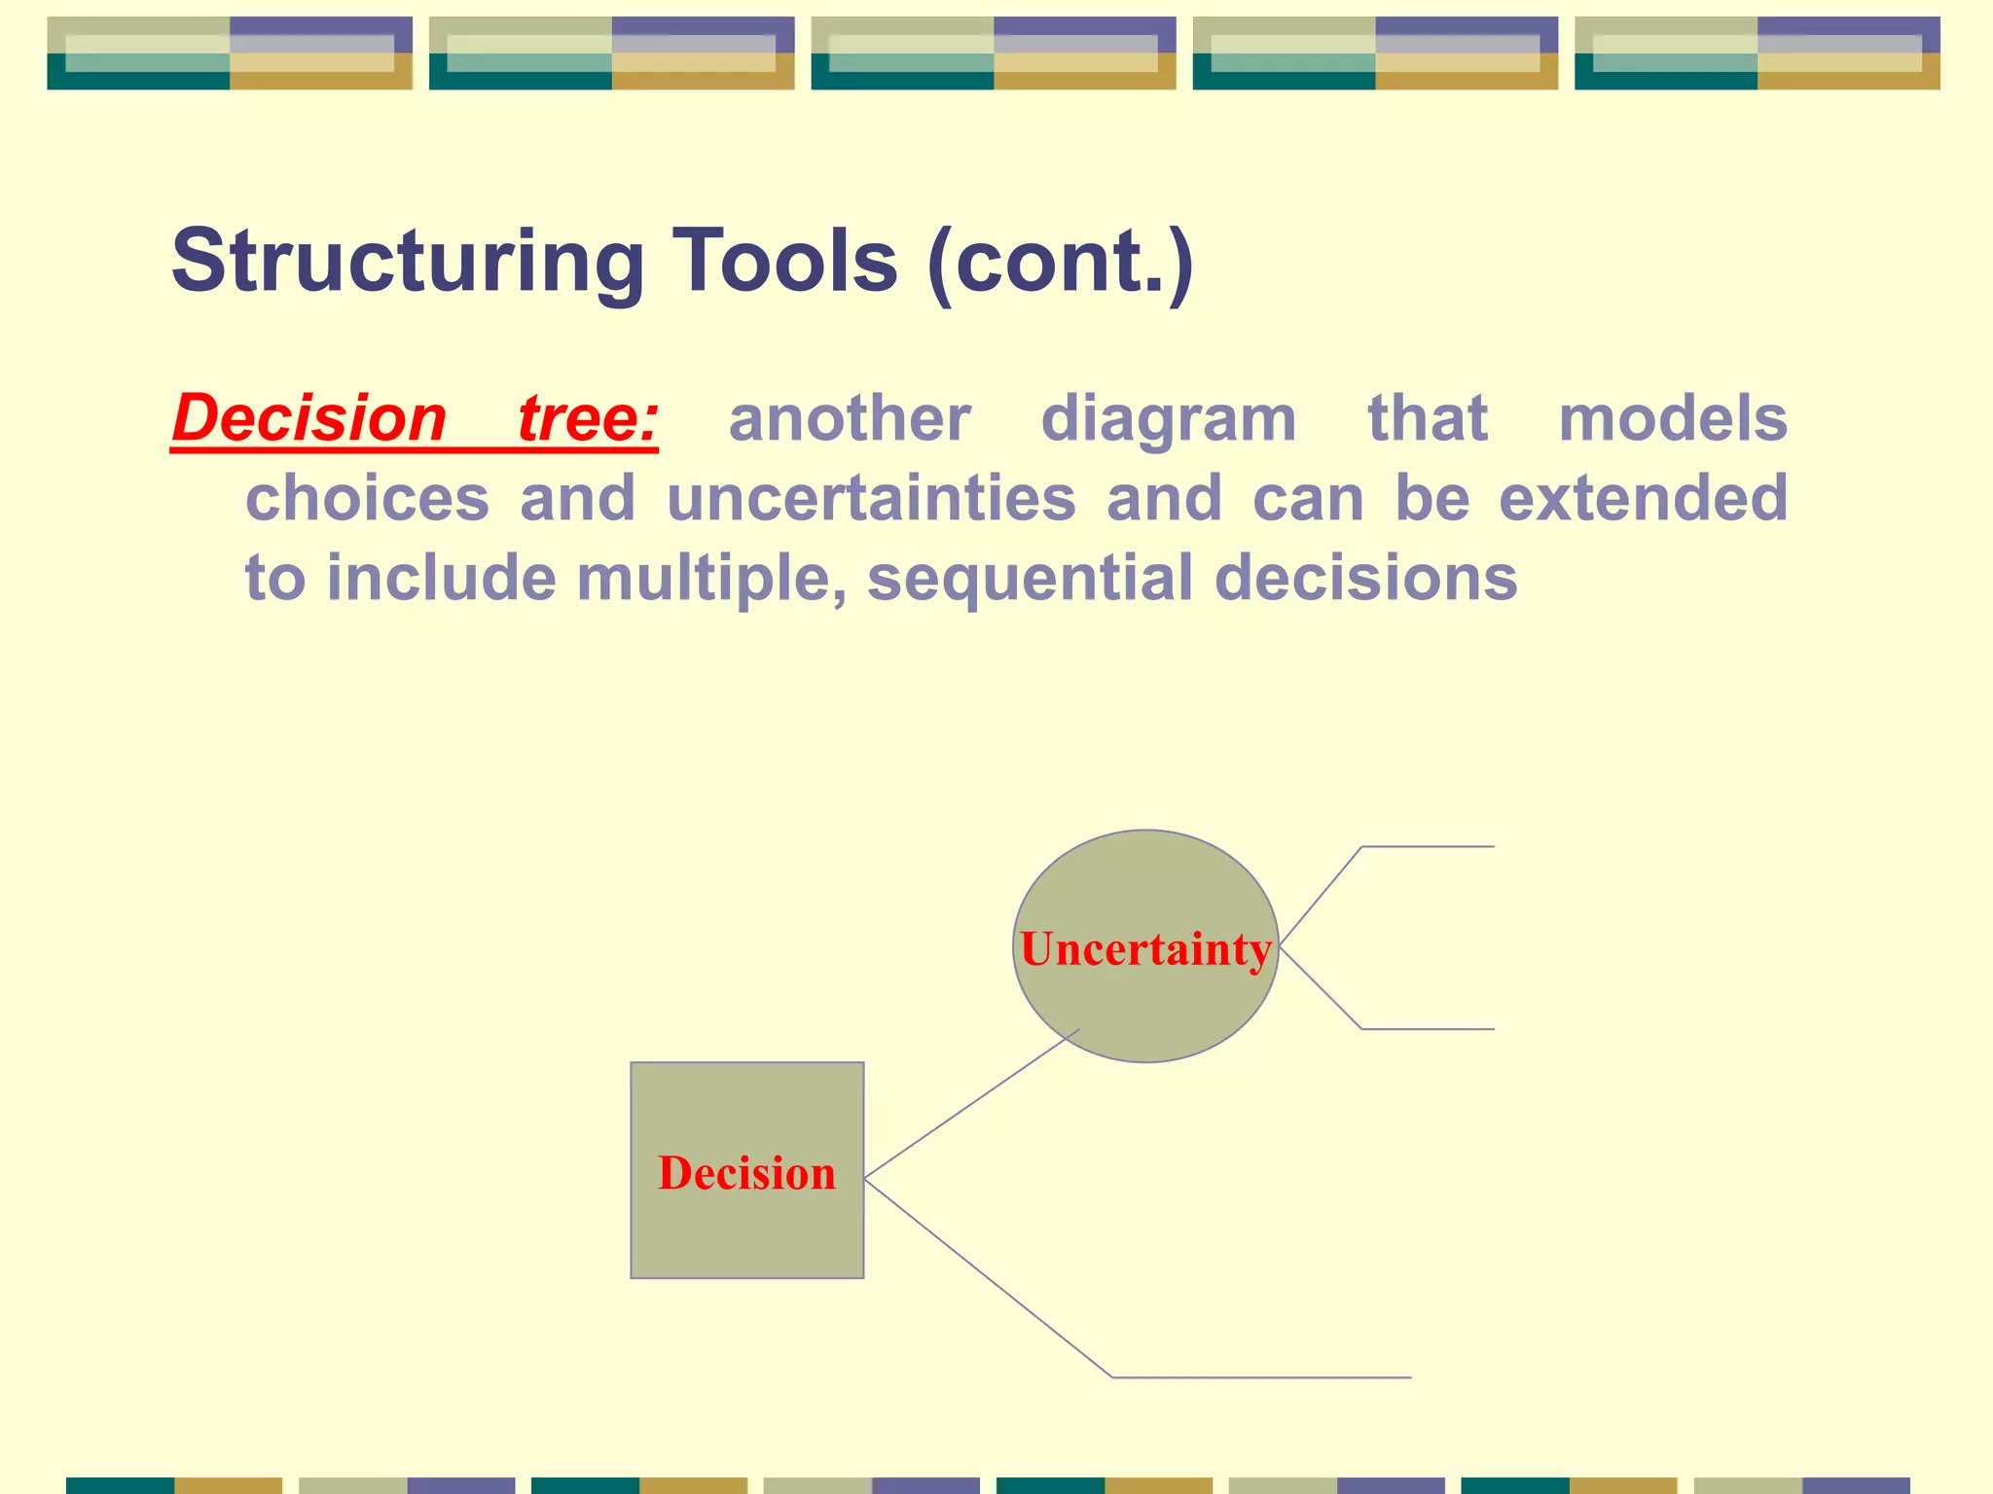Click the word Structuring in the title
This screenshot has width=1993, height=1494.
(x=407, y=261)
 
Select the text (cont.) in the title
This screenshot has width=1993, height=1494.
(x=1060, y=261)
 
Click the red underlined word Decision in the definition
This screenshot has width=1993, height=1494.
(x=309, y=418)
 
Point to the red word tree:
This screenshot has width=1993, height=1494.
(x=588, y=418)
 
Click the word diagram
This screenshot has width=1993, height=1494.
(x=1168, y=418)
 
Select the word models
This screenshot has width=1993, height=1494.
(x=1672, y=418)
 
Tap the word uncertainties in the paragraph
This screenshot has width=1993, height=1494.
(x=871, y=498)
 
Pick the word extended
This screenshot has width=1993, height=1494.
(x=1643, y=498)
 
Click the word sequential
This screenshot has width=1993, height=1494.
(x=1030, y=578)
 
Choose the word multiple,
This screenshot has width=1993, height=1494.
(x=710, y=578)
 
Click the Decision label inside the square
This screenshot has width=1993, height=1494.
(x=746, y=1173)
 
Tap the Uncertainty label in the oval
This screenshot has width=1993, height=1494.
(x=1145, y=949)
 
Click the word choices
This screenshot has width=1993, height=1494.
(x=367, y=498)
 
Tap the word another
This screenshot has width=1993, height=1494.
(x=849, y=418)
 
